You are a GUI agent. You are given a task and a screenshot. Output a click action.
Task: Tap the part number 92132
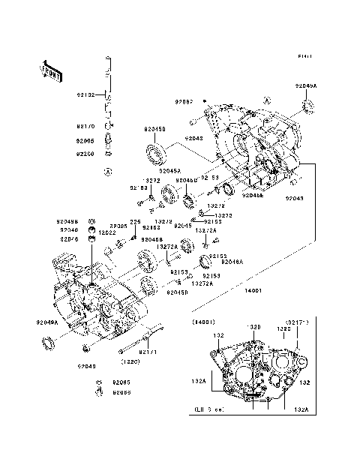(x=84, y=96)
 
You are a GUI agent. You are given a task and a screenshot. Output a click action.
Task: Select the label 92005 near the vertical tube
(x=84, y=140)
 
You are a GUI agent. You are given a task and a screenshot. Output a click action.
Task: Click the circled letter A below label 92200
(x=107, y=172)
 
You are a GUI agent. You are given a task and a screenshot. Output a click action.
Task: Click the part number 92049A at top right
(x=306, y=86)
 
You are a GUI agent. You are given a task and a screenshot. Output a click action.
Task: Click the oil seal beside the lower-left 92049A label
(x=49, y=344)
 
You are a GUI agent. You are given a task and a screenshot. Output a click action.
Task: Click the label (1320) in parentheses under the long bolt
(x=130, y=360)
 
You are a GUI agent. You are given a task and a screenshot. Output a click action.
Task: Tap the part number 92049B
(x=67, y=221)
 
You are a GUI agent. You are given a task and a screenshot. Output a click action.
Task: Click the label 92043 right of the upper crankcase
(x=295, y=199)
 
